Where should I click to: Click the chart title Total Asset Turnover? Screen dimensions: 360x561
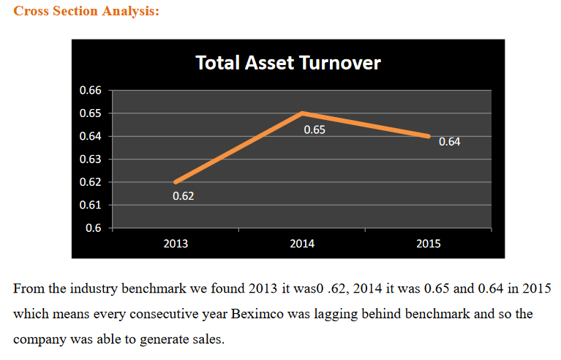(x=287, y=63)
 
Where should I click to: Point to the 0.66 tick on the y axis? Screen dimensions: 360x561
(x=90, y=91)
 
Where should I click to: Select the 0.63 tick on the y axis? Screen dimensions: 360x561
(x=90, y=160)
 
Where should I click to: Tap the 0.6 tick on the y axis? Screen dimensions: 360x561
(x=94, y=228)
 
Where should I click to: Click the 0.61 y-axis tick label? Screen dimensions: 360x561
(x=90, y=205)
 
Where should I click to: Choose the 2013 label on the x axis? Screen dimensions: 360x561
(x=175, y=244)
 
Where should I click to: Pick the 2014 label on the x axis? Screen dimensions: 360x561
(x=302, y=244)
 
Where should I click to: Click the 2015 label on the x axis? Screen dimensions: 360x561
(x=429, y=244)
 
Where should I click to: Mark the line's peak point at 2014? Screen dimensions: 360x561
(x=302, y=113)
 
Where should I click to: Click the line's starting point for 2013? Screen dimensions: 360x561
(x=176, y=181)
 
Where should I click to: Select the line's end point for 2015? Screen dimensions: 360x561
(x=429, y=136)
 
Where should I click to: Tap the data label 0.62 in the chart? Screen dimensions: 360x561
(x=183, y=196)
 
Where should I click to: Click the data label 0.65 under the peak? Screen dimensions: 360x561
(x=315, y=130)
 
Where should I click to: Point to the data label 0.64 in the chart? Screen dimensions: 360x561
(x=449, y=142)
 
